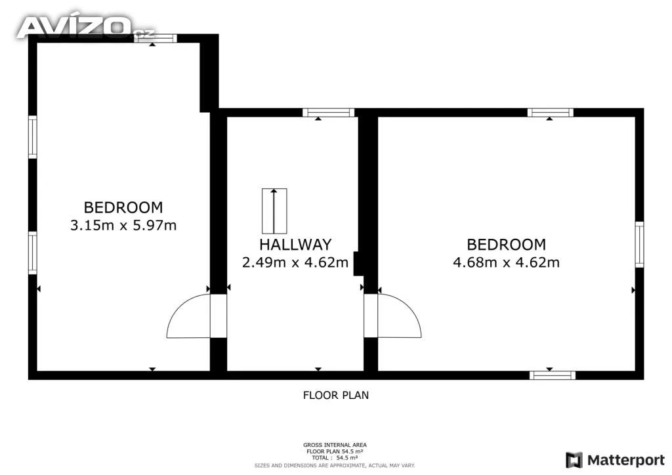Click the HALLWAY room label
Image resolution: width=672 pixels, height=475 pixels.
click(295, 245)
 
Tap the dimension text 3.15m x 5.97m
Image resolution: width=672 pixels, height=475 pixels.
click(123, 225)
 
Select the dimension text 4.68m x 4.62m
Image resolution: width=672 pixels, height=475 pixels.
click(506, 262)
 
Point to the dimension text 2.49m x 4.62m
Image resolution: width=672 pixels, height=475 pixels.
click(295, 262)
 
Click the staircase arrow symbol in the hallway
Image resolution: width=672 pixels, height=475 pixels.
click(274, 211)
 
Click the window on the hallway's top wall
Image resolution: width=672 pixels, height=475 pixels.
click(329, 113)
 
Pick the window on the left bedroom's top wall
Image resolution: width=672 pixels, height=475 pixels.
click(155, 38)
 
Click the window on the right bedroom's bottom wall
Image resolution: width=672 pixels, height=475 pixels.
click(553, 376)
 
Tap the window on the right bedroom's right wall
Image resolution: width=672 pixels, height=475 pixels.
click(639, 245)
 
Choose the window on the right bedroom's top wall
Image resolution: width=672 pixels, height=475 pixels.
click(551, 113)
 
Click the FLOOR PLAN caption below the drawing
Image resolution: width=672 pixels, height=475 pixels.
click(335, 396)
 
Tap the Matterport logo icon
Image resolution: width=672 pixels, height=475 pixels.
click(574, 460)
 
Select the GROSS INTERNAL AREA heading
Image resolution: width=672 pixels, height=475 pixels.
click(335, 445)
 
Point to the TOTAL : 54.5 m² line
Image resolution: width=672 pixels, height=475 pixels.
click(335, 458)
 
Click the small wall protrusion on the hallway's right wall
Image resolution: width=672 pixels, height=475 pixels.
click(356, 263)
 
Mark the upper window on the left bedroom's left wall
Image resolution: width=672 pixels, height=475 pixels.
click(33, 137)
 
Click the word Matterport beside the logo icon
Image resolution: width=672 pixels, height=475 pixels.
click(625, 461)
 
